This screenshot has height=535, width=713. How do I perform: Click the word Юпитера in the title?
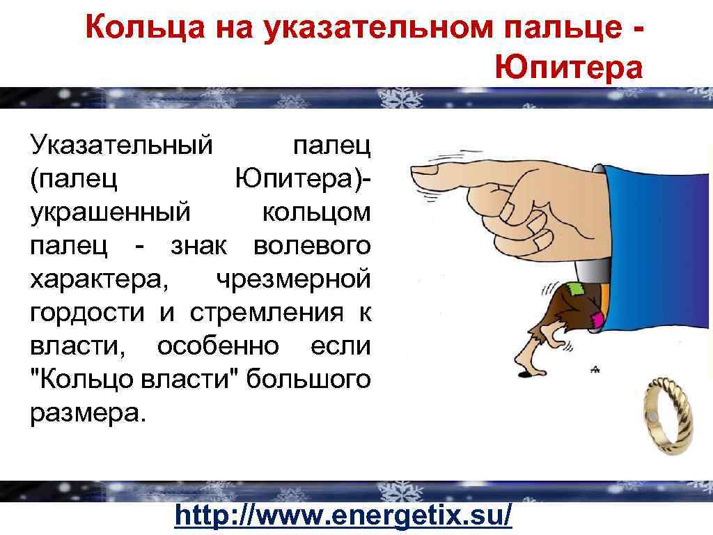[569, 68]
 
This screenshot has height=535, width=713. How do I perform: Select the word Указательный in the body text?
[120, 146]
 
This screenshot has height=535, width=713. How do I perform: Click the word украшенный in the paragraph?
[109, 212]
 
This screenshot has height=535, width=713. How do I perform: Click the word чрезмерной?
[292, 279]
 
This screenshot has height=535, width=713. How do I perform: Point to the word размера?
[88, 412]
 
